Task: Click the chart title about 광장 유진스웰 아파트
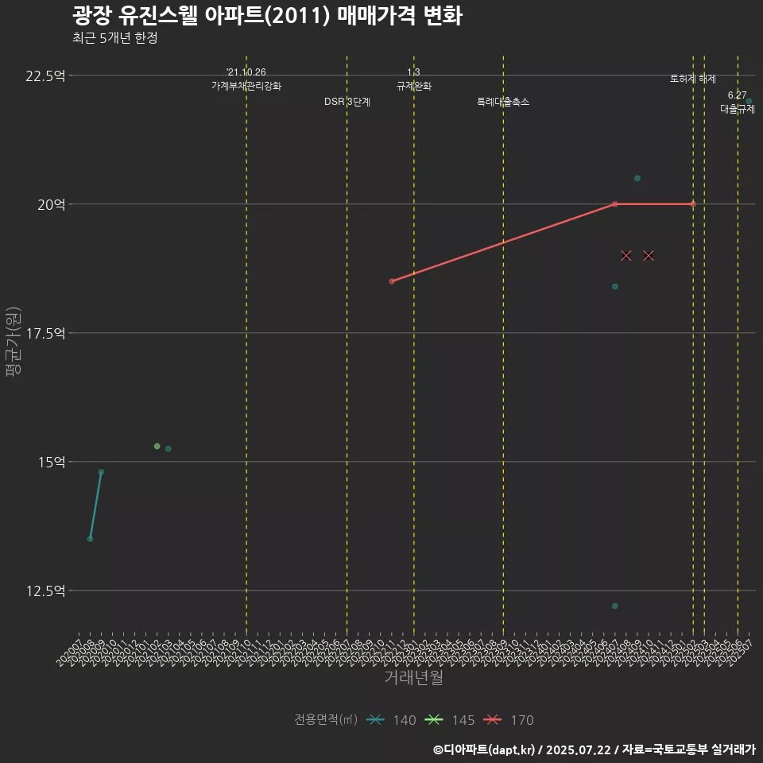pos(267,16)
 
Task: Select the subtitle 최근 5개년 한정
pos(114,38)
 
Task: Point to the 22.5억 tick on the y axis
pos(45,76)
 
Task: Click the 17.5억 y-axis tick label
pos(45,333)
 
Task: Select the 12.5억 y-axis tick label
pos(45,591)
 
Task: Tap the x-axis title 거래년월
pos(413,677)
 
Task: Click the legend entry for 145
pos(450,720)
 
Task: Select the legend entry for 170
pos(509,720)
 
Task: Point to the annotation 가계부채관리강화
pos(246,86)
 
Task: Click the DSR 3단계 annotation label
pos(347,102)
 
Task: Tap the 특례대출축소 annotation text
pos(503,102)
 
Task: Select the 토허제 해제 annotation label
pos(693,79)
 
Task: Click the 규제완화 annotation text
pos(414,86)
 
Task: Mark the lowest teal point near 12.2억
pos(615,606)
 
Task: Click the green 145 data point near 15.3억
pos(157,446)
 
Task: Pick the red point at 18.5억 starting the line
pos(392,281)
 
